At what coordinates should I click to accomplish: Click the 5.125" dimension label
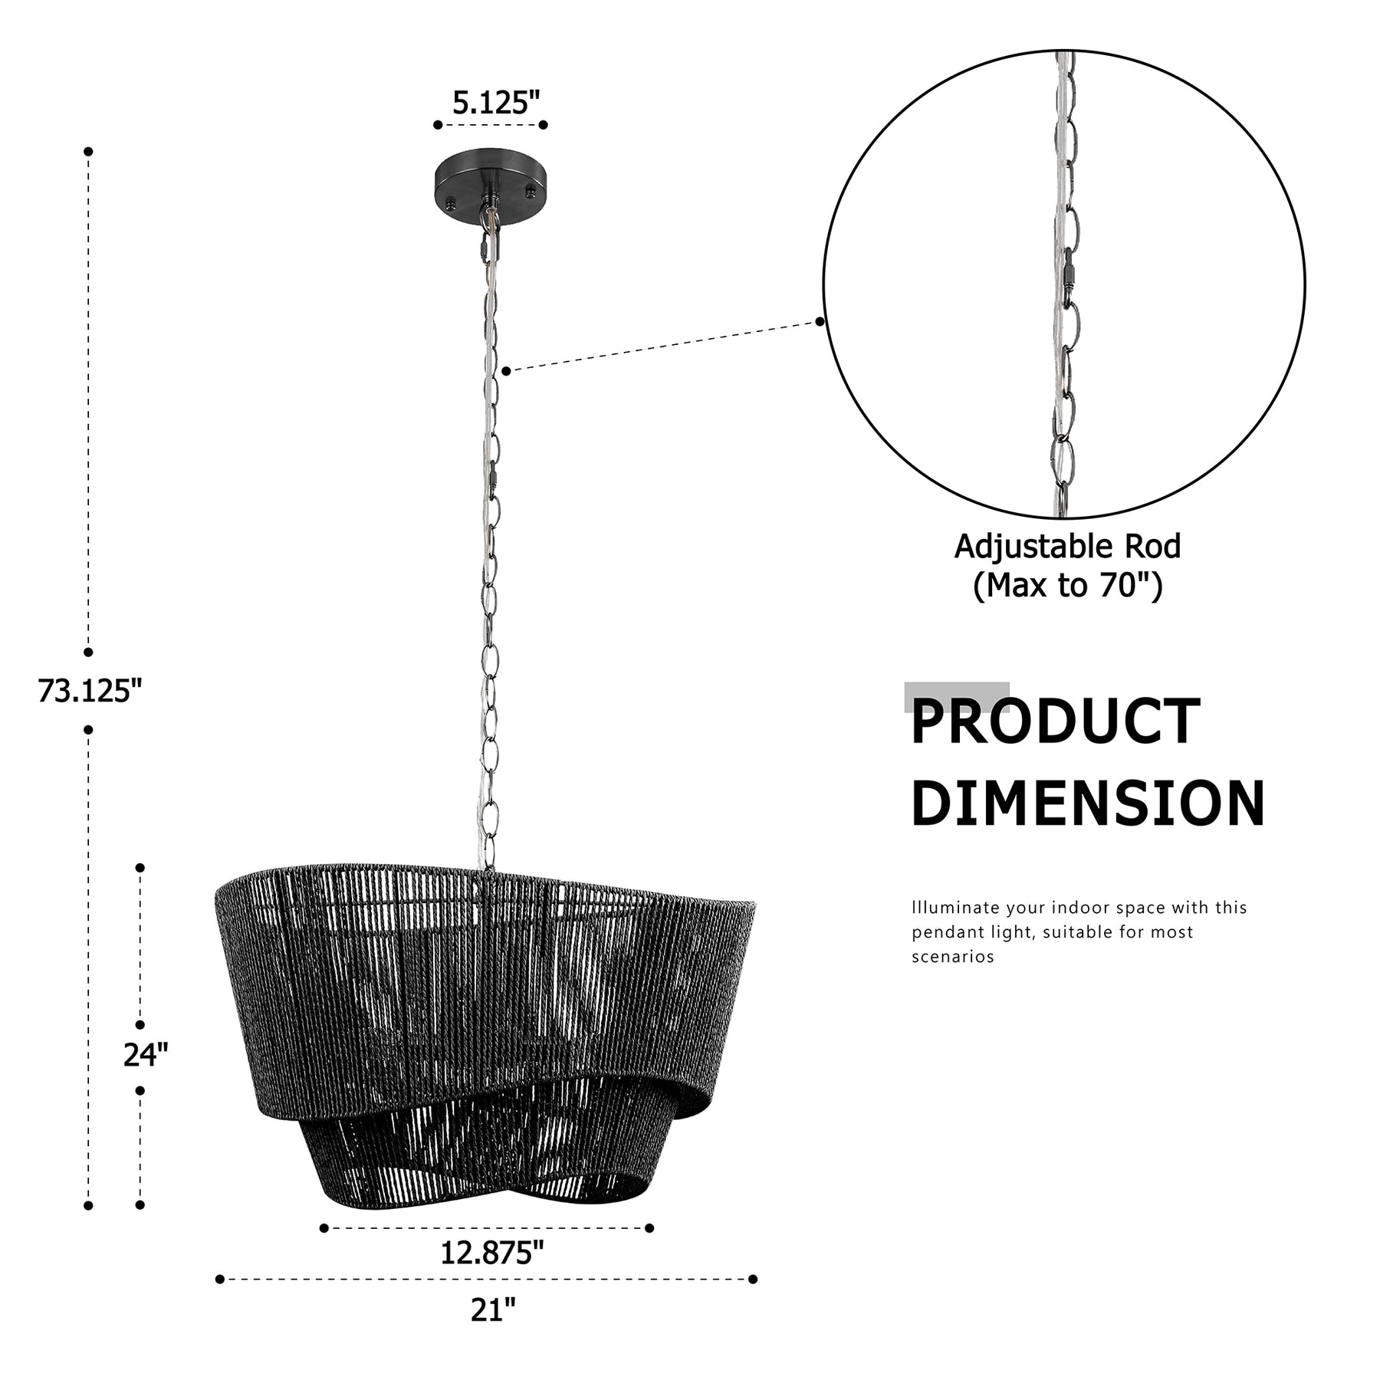click(496, 102)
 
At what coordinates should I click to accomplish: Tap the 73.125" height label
click(90, 691)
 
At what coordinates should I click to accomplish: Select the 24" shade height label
click(146, 1055)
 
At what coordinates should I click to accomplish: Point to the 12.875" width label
click(491, 1253)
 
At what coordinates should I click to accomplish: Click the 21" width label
click(493, 1309)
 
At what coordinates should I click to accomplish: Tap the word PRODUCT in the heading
click(1055, 721)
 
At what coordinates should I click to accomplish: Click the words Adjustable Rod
click(1067, 547)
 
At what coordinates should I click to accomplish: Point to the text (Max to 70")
click(1067, 586)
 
